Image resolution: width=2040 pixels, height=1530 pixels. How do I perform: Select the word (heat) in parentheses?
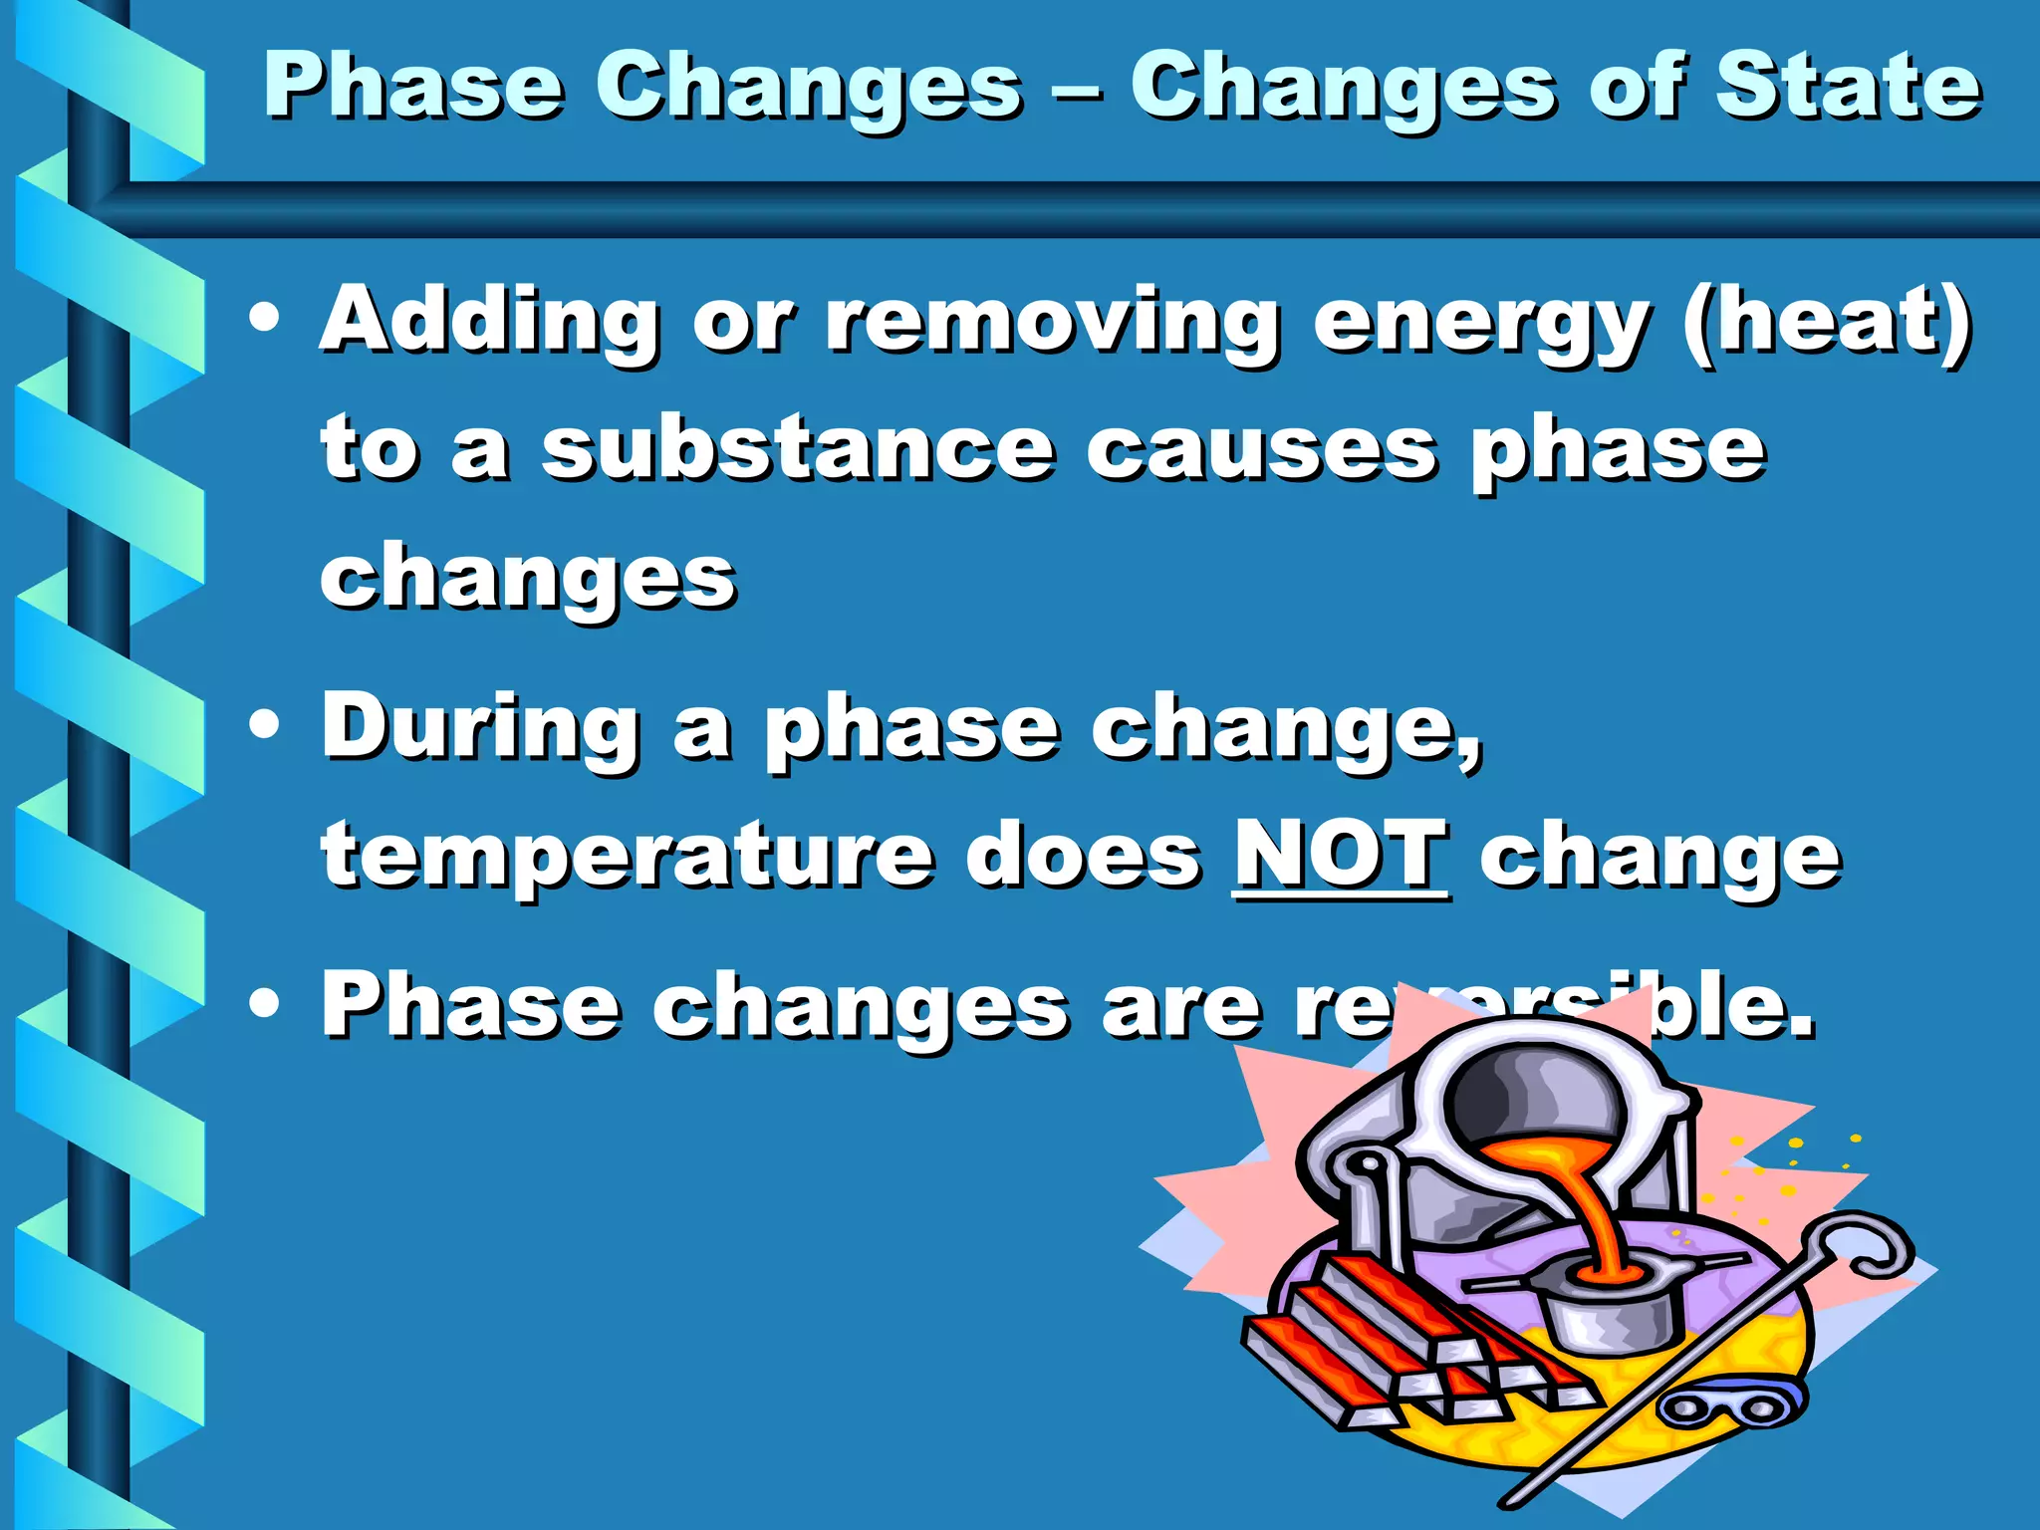click(1826, 321)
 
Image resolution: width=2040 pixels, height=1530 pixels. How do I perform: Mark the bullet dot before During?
click(264, 726)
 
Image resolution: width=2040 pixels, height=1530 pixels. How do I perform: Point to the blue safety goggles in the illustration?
click(1731, 1405)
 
